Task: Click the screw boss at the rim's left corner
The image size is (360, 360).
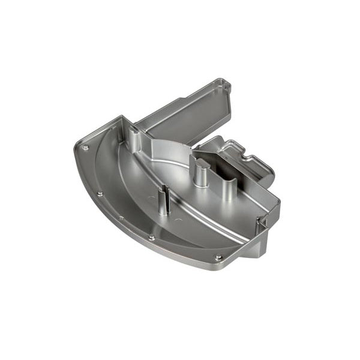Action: tap(85, 148)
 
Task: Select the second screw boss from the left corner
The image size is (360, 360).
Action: tap(100, 193)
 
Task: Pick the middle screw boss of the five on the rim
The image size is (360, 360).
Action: tap(121, 218)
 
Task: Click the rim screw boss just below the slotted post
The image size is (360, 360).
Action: tap(151, 238)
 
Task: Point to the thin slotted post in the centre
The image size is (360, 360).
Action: tap(164, 200)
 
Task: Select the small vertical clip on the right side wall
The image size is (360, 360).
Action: tap(262, 223)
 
